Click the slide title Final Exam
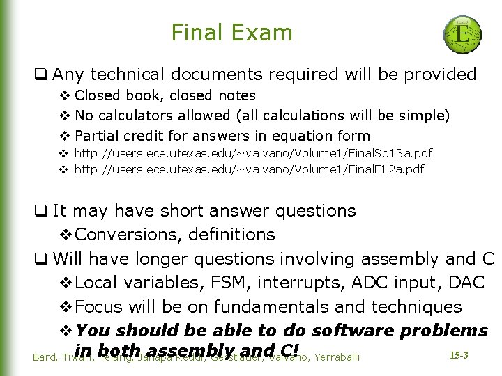pos(231,33)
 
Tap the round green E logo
pos(462,33)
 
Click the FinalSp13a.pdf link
pos(253,152)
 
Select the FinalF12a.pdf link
pos(249,169)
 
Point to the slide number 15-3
pos(458,356)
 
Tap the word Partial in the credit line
pos(97,135)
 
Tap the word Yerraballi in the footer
pos(337,357)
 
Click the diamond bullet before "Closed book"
pos(64,95)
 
